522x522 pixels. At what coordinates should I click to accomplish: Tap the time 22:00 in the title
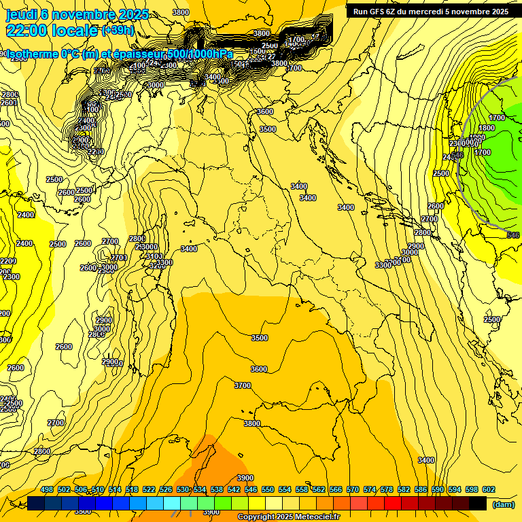pyautogui.click(x=27, y=31)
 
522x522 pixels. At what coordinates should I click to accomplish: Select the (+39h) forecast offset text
pyautogui.click(x=118, y=31)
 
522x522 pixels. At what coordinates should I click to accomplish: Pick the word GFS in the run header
pyautogui.click(x=379, y=12)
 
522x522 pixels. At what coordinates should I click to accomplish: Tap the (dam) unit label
pyautogui.click(x=503, y=505)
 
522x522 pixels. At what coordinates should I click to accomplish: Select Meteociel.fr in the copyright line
pyautogui.click(x=313, y=517)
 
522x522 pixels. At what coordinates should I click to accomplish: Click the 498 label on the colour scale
pyautogui.click(x=47, y=490)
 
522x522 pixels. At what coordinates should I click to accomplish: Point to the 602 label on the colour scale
pyautogui.click(x=488, y=490)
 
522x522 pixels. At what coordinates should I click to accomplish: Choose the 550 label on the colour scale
pyautogui.click(x=268, y=490)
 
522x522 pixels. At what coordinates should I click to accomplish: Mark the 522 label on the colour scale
pyautogui.click(x=149, y=490)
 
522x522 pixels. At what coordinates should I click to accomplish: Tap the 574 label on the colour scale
pyautogui.click(x=370, y=490)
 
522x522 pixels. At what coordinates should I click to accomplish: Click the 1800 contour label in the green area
pyautogui.click(x=487, y=128)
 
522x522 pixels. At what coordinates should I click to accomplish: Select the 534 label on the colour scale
pyautogui.click(x=200, y=490)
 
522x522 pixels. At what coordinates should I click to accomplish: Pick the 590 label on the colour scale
pyautogui.click(x=437, y=490)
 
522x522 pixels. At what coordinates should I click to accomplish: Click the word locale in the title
pyautogui.click(x=75, y=31)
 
